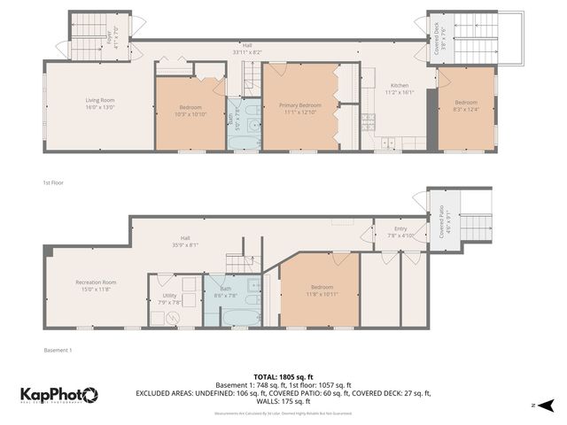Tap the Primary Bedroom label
tap(299, 104)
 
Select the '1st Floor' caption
tap(53, 182)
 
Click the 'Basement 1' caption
tap(58, 350)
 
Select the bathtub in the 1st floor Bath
tap(245, 142)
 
